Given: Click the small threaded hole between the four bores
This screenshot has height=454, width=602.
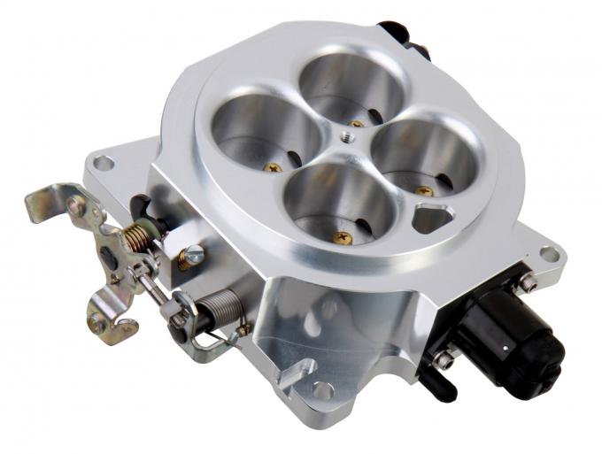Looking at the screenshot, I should coord(343,137).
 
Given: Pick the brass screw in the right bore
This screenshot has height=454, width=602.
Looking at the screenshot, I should coord(424,189).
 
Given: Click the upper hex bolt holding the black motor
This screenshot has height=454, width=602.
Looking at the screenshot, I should coord(529,282).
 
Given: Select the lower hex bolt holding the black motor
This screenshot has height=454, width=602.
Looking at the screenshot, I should coord(444,359).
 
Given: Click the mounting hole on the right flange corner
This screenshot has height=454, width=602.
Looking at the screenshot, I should coord(549,254).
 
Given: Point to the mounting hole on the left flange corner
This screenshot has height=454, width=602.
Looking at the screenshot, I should coord(104,163).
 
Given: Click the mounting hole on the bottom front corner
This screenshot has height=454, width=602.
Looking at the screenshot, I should coord(320,389).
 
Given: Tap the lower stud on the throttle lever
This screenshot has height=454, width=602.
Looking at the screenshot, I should coord(97,322).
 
